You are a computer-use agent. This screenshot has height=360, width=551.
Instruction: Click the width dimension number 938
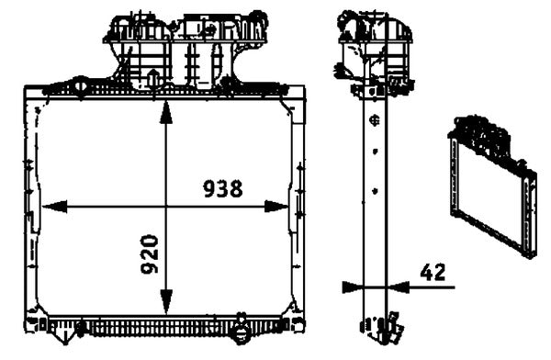pos(222,189)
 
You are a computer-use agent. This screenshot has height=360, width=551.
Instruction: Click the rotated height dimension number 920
pos(151,254)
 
